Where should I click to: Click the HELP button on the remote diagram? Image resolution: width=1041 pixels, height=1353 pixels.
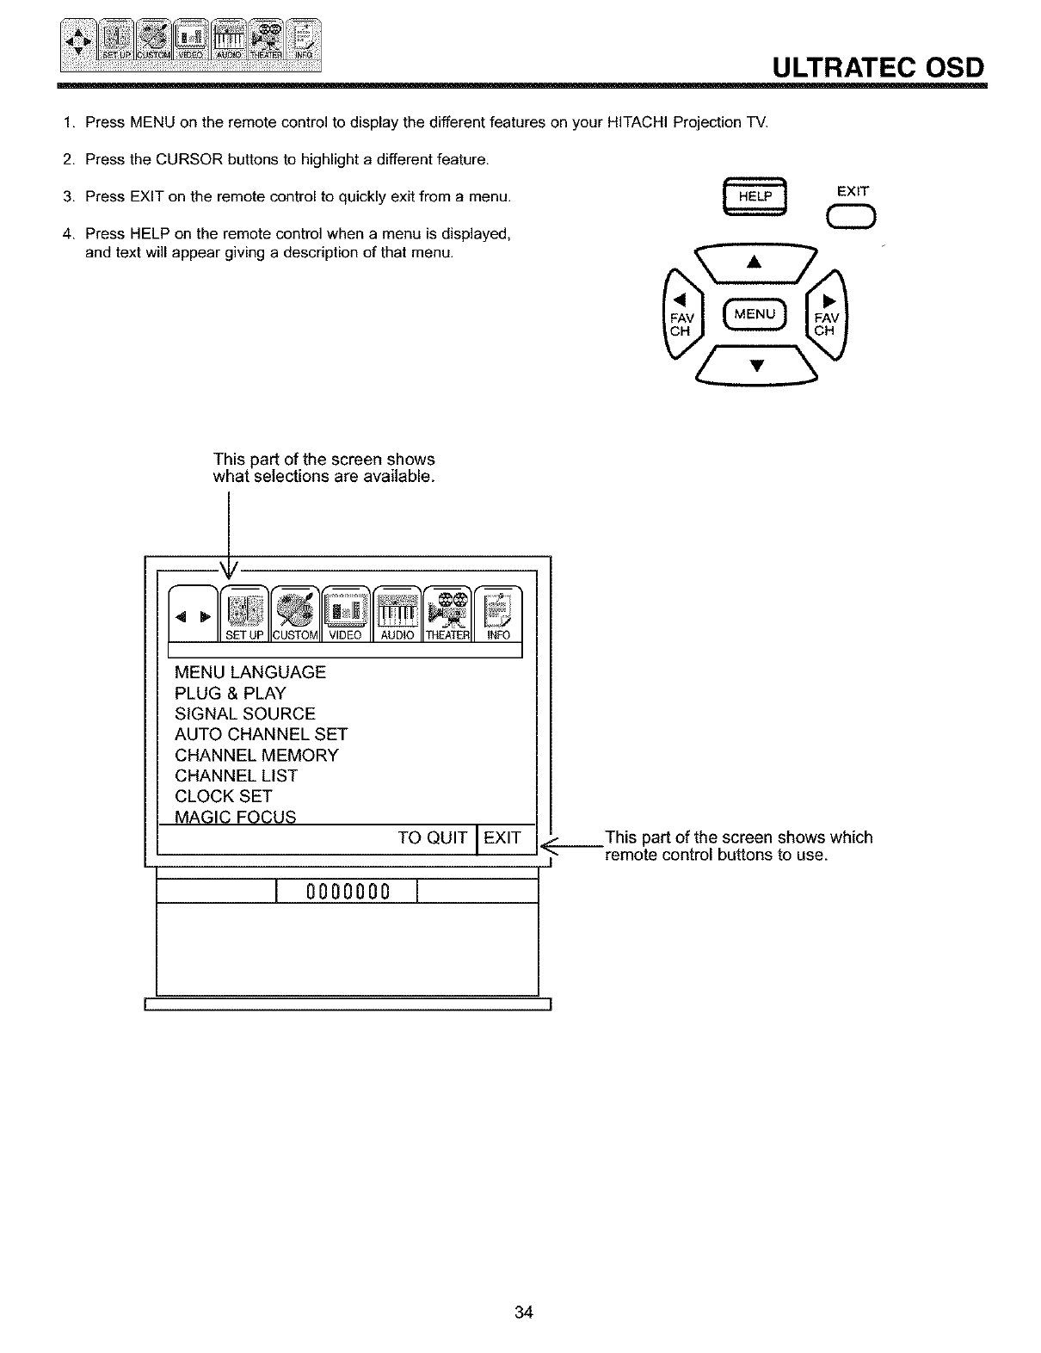(756, 197)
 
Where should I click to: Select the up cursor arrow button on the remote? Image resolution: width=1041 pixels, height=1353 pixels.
(755, 261)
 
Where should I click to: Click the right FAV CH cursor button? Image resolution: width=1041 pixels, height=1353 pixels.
(828, 314)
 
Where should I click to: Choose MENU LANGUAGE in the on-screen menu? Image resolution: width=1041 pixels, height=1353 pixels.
(250, 672)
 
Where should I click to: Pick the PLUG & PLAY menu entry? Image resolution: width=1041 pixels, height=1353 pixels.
(230, 693)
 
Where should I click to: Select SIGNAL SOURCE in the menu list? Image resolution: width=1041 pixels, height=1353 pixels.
(245, 714)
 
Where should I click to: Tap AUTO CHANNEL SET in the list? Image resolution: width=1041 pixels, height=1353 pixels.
(261, 734)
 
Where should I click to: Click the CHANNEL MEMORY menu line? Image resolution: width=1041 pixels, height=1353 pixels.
(256, 755)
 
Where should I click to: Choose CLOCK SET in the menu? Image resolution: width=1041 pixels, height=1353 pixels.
(223, 796)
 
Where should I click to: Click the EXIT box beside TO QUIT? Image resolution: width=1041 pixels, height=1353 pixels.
(503, 837)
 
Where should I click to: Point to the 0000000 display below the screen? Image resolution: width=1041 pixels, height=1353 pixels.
(348, 890)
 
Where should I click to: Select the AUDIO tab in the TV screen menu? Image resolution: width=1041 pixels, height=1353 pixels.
(397, 613)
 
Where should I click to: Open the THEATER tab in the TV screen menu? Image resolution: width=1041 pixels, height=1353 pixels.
(448, 613)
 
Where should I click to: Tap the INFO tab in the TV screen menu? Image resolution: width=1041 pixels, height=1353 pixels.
(499, 613)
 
